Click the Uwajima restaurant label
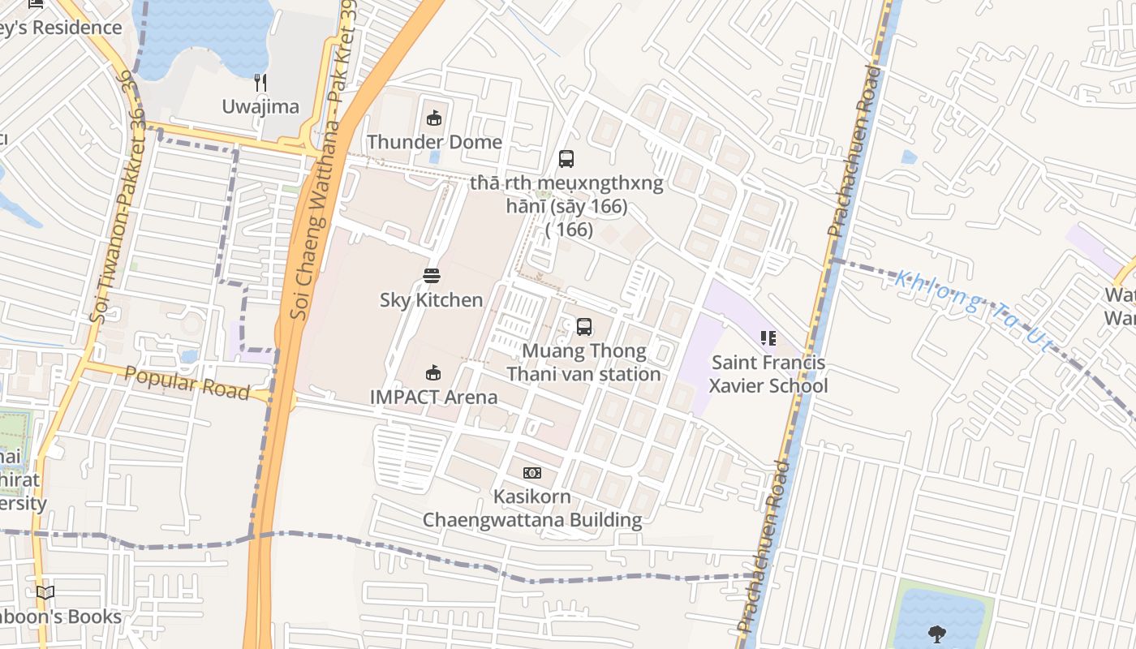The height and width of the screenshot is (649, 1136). [260, 107]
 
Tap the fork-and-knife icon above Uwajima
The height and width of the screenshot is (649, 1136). [260, 82]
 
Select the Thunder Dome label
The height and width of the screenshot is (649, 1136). [434, 142]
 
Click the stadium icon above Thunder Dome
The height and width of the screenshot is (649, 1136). [434, 118]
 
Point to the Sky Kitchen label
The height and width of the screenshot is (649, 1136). [431, 300]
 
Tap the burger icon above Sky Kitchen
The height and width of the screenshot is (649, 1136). [432, 276]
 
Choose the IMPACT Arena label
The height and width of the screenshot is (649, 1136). [433, 397]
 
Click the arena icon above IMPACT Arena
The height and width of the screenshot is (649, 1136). [434, 373]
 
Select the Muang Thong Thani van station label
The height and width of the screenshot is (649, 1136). [583, 363]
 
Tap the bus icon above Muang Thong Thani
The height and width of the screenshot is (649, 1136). [583, 327]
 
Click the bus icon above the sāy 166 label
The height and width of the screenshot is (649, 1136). [566, 159]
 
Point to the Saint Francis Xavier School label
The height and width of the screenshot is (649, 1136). [768, 374]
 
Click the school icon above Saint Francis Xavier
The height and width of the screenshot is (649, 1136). [768, 338]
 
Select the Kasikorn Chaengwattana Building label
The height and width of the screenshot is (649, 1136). [532, 508]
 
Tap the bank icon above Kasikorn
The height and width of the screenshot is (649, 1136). [532, 473]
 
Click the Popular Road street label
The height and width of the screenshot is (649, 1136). [187, 383]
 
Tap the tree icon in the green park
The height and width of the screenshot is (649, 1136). [937, 634]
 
